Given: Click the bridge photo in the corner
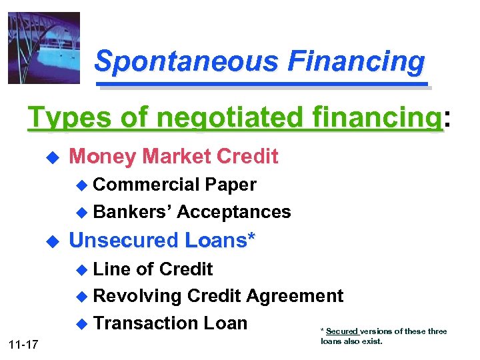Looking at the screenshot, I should tap(43, 48).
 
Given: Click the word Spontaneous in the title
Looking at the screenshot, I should tap(185, 62).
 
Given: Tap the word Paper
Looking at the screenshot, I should tap(231, 184).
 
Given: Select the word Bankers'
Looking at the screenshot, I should tap(133, 212).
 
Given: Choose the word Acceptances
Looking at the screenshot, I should tap(234, 212).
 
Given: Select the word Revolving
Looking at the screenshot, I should tap(137, 296).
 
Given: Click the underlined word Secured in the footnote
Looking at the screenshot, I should tap(342, 331).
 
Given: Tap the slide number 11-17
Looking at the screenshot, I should tap(24, 344).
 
